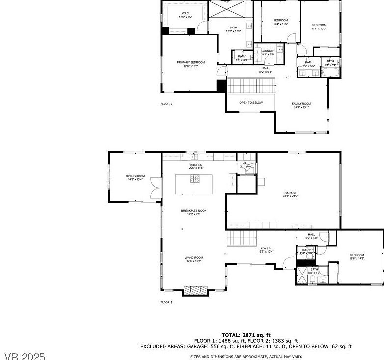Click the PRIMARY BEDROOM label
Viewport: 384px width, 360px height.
tap(191, 62)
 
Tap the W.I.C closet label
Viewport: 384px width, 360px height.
tap(185, 13)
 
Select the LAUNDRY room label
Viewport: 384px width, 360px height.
tap(268, 51)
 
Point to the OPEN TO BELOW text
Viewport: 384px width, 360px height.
tap(250, 103)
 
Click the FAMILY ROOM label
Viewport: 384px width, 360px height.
tap(301, 104)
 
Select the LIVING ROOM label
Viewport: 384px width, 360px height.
tap(194, 258)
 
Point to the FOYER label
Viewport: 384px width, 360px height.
tap(266, 249)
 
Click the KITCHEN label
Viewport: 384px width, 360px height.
tap(196, 165)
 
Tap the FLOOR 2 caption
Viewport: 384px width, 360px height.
tap(166, 104)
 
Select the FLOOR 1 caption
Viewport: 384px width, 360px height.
tap(166, 302)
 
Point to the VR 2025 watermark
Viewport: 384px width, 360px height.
tap(25, 355)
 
